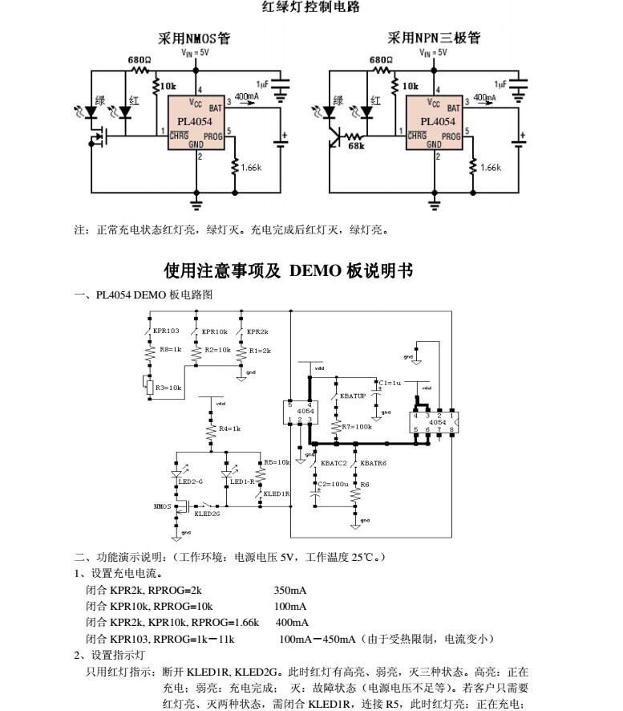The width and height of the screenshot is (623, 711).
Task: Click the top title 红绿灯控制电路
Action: click(x=311, y=8)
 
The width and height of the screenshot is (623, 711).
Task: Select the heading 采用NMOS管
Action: click(x=193, y=38)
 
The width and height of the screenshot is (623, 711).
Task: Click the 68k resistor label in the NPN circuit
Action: click(x=356, y=146)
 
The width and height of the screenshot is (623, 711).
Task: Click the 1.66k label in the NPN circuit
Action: click(x=490, y=168)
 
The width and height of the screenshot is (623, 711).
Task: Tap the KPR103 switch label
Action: click(x=167, y=331)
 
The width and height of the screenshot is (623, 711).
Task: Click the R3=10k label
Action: click(x=168, y=388)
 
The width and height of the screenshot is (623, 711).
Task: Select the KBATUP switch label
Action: click(x=353, y=396)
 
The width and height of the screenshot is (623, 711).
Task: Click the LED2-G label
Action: click(x=191, y=481)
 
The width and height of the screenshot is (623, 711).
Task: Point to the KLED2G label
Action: click(x=207, y=514)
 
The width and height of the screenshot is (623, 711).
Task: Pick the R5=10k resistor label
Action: click(x=277, y=462)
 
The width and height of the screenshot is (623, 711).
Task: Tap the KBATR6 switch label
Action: click(x=374, y=463)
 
